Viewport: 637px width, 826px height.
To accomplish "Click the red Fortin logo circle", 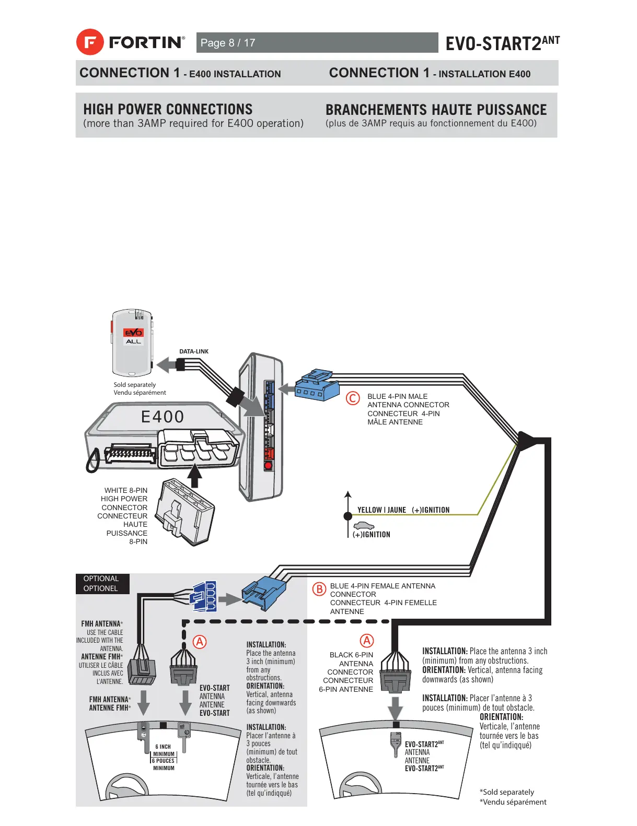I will pos(90,42).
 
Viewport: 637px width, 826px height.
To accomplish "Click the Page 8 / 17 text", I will pos(228,43).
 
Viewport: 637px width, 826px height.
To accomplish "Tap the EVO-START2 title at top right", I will pos(502,43).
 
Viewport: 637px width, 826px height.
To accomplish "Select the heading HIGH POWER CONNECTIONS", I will pos(168,109).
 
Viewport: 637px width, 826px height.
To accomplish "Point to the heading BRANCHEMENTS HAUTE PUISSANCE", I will pos(436,110).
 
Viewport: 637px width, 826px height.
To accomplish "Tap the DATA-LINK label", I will pos(194,351).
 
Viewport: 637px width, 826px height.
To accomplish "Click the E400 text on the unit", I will pos(163,417).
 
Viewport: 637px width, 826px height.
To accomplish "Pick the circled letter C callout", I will pos(353,398).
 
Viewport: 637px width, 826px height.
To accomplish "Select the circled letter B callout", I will pos(319,589).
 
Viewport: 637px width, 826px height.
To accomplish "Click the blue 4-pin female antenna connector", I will pos(264,593).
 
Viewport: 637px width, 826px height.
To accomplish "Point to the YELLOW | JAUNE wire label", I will pos(381,510).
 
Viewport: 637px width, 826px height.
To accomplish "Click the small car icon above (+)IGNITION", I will pos(364,526).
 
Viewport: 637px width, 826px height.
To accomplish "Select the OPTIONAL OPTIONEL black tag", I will pos(101,583).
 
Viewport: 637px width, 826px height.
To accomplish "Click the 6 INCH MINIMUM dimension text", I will pos(164,750).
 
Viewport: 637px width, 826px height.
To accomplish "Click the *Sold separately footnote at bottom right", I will pos(507,792).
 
